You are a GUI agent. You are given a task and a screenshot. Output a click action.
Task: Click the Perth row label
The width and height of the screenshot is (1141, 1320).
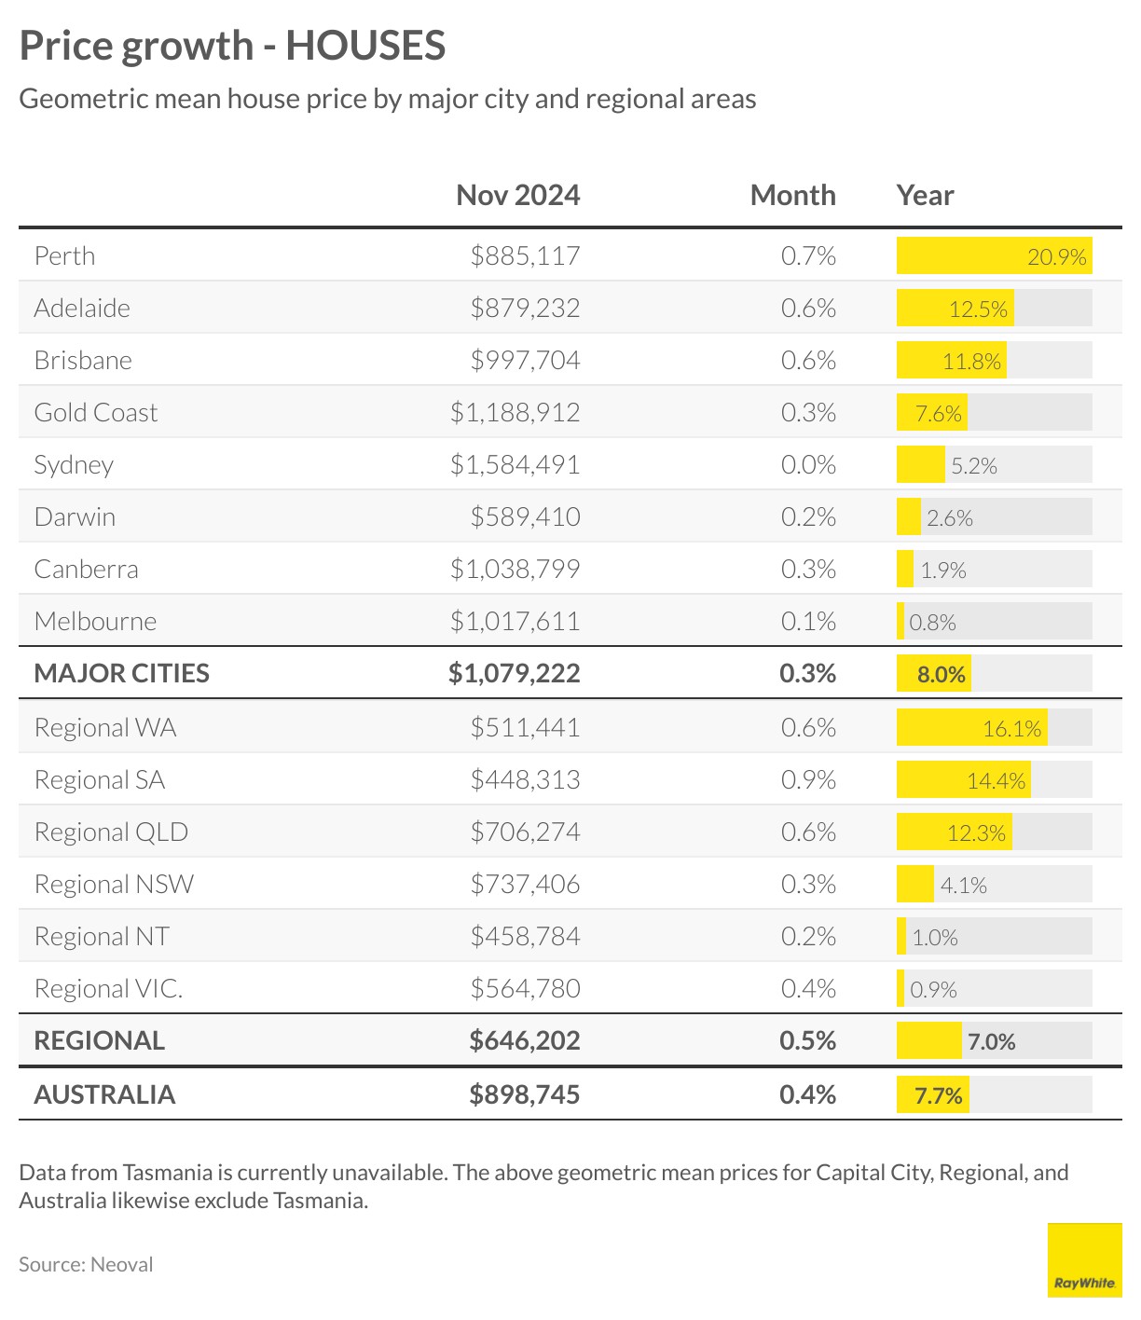click(x=64, y=255)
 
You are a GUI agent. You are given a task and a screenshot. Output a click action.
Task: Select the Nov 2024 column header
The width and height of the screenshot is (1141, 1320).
click(x=517, y=195)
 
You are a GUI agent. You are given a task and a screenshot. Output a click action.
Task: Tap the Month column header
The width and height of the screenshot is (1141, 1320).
click(x=792, y=195)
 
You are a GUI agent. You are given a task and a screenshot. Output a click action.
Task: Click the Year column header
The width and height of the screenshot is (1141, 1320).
click(x=925, y=195)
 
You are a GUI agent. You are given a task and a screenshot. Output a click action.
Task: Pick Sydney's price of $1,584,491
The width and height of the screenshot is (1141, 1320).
click(x=515, y=464)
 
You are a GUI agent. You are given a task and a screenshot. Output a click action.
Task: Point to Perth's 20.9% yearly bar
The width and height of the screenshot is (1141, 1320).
click(x=994, y=256)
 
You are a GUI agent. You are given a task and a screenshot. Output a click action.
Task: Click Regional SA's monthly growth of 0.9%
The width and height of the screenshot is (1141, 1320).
click(x=808, y=779)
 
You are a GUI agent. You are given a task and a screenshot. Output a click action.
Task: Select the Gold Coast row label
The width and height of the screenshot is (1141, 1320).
click(x=95, y=412)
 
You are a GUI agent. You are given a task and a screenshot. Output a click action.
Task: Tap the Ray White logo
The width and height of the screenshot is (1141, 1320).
click(x=1084, y=1259)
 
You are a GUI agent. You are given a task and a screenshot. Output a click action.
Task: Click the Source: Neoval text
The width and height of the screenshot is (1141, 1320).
click(x=86, y=1264)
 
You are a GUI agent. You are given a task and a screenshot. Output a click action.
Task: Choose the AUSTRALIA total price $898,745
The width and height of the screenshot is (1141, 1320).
click(x=525, y=1094)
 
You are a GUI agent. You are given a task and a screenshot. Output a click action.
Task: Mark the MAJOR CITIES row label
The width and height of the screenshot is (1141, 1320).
click(x=121, y=673)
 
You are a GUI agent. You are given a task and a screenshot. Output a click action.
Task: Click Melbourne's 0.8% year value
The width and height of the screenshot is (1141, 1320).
click(x=932, y=622)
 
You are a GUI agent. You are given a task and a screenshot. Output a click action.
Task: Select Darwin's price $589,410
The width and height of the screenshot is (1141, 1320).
click(x=525, y=516)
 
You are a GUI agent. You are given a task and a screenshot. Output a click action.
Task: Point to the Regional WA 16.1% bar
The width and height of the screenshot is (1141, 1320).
click(x=971, y=728)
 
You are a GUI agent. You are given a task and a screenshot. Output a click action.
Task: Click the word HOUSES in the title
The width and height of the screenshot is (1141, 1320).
click(x=365, y=45)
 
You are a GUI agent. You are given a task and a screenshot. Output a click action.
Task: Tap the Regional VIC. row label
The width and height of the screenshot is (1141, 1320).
click(x=108, y=988)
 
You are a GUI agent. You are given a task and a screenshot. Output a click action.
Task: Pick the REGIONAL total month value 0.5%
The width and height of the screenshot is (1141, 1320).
click(x=807, y=1040)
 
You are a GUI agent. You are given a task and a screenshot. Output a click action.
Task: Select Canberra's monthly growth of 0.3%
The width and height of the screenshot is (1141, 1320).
click(x=808, y=569)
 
